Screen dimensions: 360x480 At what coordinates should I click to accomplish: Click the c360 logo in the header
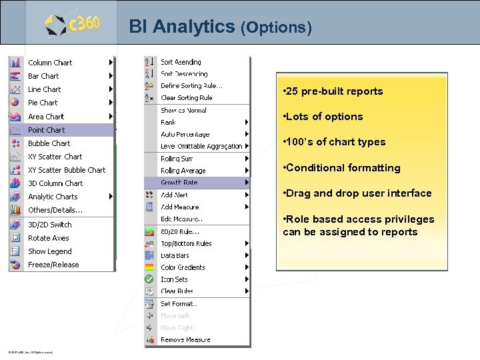73,25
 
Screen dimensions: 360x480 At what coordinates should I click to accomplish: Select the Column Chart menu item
50,63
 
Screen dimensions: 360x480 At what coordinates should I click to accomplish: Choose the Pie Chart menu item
43,103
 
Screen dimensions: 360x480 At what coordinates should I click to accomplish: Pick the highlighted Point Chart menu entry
47,130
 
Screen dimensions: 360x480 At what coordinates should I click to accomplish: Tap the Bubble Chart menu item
49,143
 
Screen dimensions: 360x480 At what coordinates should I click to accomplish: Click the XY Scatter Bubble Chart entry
67,170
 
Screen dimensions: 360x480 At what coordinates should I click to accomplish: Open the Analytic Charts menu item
53,197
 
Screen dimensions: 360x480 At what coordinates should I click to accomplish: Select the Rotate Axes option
48,238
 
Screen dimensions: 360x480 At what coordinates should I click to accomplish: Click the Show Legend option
49,251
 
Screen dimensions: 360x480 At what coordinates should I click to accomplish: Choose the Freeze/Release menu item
53,265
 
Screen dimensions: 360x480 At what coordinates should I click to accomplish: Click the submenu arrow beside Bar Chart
111,76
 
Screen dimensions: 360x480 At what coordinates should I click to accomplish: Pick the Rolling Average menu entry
183,171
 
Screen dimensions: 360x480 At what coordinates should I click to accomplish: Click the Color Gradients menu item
183,267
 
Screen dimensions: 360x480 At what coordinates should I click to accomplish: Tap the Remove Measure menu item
185,339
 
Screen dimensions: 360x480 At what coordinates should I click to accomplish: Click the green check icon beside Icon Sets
149,279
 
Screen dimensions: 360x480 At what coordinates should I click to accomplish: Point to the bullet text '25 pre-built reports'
333,91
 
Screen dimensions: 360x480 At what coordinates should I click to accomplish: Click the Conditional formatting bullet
341,168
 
